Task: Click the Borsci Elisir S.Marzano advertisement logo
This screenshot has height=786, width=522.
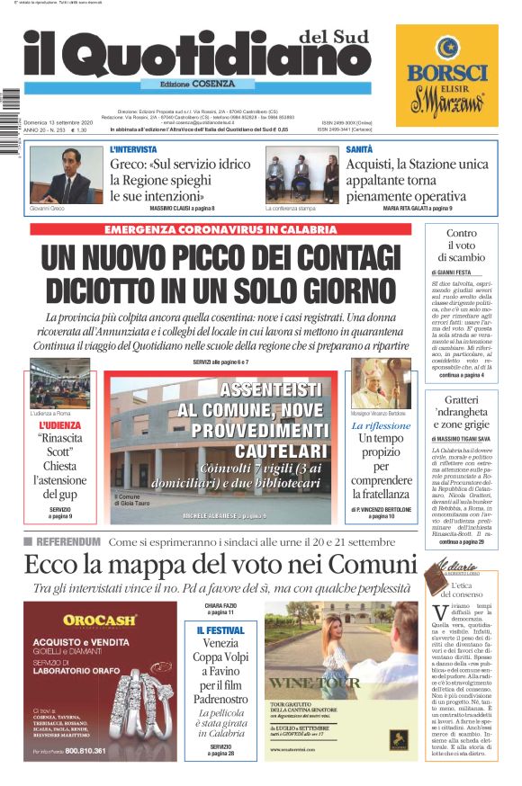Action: point(447,76)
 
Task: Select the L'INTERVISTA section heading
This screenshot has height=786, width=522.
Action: point(133,149)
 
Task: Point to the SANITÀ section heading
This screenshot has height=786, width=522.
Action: point(359,149)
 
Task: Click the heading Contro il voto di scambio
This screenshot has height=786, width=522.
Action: point(461,246)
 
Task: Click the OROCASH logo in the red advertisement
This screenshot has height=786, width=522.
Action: point(99,620)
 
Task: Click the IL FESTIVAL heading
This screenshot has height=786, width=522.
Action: point(220,630)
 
